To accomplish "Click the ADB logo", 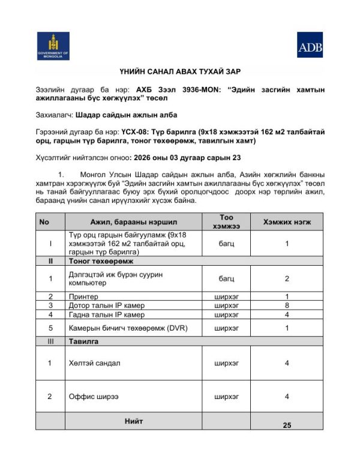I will [x=310, y=45].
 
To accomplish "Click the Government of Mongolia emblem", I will [x=53, y=46].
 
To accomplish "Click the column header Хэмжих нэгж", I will [x=287, y=221].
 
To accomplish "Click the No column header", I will [x=44, y=221].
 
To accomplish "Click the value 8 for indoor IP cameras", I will [x=287, y=305].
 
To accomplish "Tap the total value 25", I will [x=287, y=425].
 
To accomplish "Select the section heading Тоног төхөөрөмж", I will [x=101, y=262].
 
